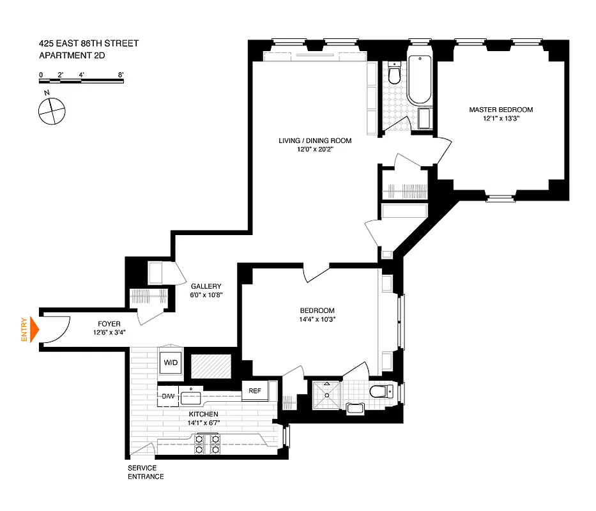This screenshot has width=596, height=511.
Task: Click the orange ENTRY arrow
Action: point(34,330)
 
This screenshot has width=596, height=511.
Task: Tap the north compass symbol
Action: point(51,110)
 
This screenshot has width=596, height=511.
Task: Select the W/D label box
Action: point(171,363)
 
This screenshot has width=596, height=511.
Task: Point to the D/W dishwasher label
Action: point(168,396)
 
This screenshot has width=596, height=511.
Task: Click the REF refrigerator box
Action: point(254,391)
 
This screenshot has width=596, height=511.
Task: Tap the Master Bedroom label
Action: point(501,109)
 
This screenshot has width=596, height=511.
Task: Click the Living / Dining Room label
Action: point(315,141)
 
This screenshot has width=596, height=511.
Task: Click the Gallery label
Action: point(206,286)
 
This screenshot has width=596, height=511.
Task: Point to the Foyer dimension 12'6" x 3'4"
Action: point(109,332)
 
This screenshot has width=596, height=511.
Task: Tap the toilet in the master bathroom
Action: point(394,75)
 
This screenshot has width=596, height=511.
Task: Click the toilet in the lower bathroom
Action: point(381,392)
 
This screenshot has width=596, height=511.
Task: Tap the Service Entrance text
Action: point(146,472)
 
